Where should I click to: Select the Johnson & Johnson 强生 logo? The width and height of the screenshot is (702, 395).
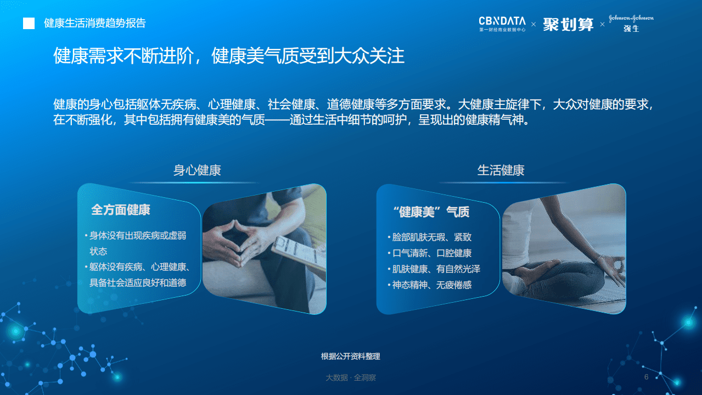[x=631, y=23]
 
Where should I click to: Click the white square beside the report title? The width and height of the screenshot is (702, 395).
[x=29, y=23]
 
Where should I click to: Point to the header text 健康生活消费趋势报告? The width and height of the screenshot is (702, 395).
[x=95, y=23]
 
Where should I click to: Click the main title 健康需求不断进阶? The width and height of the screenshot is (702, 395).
[x=228, y=56]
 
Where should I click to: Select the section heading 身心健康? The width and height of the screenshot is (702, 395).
[x=197, y=170]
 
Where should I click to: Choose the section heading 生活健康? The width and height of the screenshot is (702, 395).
[x=501, y=170]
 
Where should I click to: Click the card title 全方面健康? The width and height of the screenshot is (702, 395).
[x=121, y=210]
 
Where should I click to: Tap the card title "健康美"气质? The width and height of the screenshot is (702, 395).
[x=431, y=212]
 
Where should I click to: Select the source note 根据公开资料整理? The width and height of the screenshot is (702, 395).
[x=350, y=357]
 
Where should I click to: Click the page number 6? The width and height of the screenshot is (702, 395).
[x=646, y=377]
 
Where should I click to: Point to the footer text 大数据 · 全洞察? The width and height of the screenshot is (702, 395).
[x=350, y=378]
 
